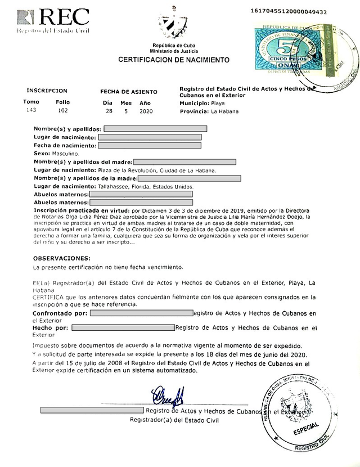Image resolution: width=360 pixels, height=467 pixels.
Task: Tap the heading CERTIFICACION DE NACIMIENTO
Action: (174, 59)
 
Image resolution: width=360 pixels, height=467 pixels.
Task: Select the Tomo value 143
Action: (31, 110)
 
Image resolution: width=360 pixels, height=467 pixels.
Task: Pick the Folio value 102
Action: (63, 110)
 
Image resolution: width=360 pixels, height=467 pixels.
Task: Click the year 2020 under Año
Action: (146, 111)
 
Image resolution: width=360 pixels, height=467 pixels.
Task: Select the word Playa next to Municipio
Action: (219, 104)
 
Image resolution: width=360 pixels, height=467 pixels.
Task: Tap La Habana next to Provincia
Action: (224, 111)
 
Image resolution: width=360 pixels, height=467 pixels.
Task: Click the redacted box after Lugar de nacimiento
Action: (150, 137)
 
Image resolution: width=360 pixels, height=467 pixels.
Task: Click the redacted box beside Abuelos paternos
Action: (141, 194)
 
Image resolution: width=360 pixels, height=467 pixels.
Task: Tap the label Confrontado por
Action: (60, 312)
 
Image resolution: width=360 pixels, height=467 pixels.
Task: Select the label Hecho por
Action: (51, 327)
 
